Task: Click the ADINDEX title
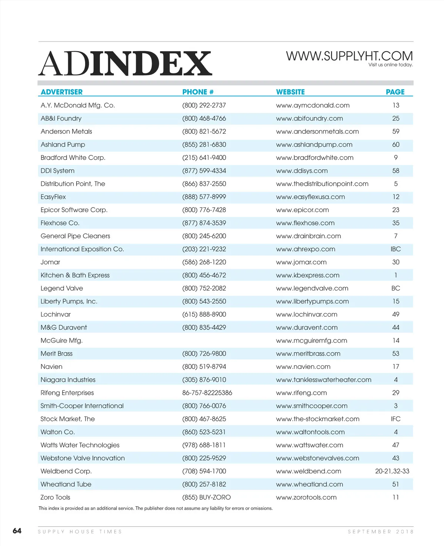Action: [x=125, y=63]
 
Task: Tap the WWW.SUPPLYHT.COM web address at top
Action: [x=349, y=56]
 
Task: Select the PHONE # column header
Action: [x=198, y=92]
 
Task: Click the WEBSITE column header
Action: [x=290, y=92]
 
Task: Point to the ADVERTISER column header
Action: [x=61, y=92]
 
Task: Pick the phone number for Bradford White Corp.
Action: [x=204, y=157]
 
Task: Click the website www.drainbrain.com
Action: [x=308, y=236]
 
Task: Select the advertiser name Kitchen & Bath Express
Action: [x=75, y=275]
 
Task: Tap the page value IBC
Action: [x=396, y=249]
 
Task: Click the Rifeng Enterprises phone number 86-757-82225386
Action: [x=207, y=393]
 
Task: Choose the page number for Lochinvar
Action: [x=396, y=314]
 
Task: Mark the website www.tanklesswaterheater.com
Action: [x=323, y=380]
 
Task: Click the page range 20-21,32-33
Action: [x=392, y=471]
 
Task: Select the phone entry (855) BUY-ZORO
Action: [x=206, y=497]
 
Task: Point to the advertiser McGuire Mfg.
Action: [x=61, y=340]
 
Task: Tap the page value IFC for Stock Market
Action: [x=396, y=419]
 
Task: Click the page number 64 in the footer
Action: [x=17, y=531]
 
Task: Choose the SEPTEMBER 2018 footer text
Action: [x=380, y=532]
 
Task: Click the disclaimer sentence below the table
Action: [x=155, y=508]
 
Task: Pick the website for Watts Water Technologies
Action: [x=309, y=445]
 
